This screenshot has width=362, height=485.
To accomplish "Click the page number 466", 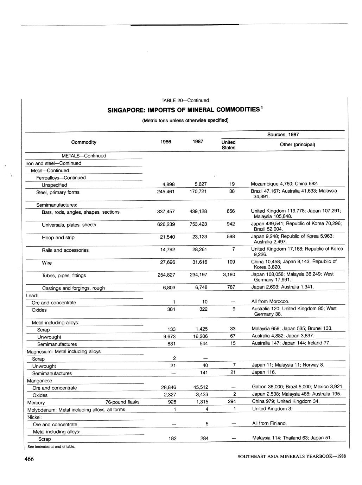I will [x=29, y=459].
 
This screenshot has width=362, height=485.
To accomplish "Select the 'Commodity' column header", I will [x=84, y=142].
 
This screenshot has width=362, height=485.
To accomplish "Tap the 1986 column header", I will [x=166, y=142].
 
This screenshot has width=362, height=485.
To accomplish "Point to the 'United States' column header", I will [x=228, y=145].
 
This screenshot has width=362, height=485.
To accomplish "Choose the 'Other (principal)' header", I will [x=297, y=144].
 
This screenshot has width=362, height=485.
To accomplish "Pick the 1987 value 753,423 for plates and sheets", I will [x=198, y=224].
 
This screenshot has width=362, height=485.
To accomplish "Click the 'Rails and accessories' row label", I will [x=65, y=250].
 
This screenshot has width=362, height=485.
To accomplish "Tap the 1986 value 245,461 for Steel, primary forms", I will [x=166, y=192].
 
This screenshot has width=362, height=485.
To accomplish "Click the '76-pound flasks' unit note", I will [x=122, y=402].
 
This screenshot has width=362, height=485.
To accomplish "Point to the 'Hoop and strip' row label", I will [x=58, y=238].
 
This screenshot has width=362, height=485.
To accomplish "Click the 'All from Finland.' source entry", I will [x=269, y=423].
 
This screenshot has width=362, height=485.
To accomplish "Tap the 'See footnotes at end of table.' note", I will [x=51, y=447].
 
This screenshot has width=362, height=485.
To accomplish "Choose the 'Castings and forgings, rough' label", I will [x=74, y=288].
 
